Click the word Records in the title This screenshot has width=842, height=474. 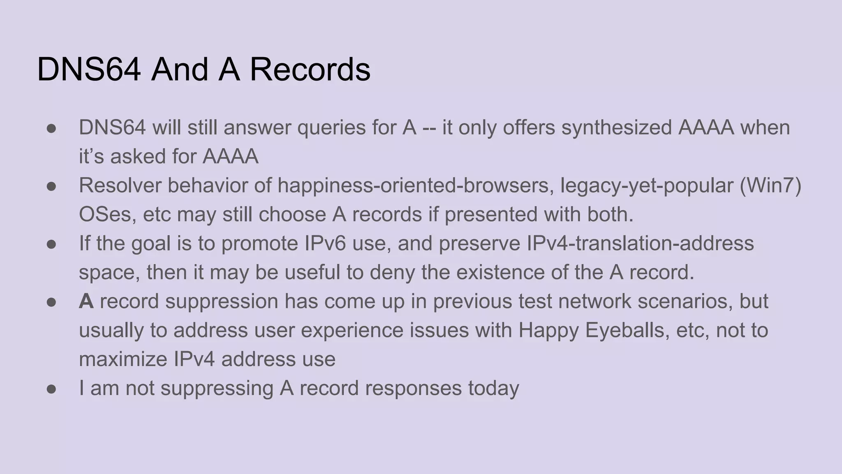(x=310, y=69)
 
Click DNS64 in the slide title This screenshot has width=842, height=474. (x=89, y=69)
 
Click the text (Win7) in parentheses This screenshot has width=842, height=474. (x=770, y=186)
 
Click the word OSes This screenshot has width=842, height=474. (x=104, y=214)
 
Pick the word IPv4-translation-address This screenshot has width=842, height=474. (x=640, y=243)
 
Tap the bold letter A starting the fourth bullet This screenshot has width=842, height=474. (x=86, y=301)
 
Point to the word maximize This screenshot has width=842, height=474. (x=123, y=359)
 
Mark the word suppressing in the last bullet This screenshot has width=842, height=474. (x=217, y=388)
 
